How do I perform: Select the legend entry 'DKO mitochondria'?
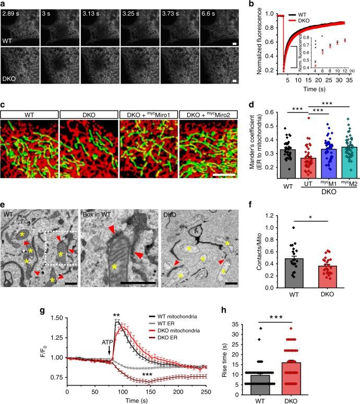click(172, 334)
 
